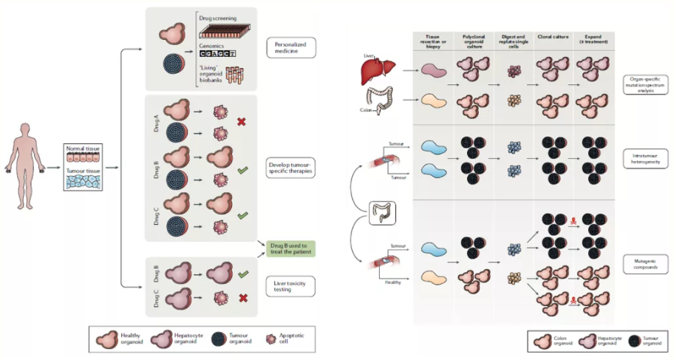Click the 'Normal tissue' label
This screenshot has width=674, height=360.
click(81, 148)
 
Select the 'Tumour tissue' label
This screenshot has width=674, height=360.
click(81, 170)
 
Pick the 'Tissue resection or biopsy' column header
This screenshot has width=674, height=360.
click(433, 39)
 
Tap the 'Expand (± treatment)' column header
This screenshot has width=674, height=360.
click(590, 39)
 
